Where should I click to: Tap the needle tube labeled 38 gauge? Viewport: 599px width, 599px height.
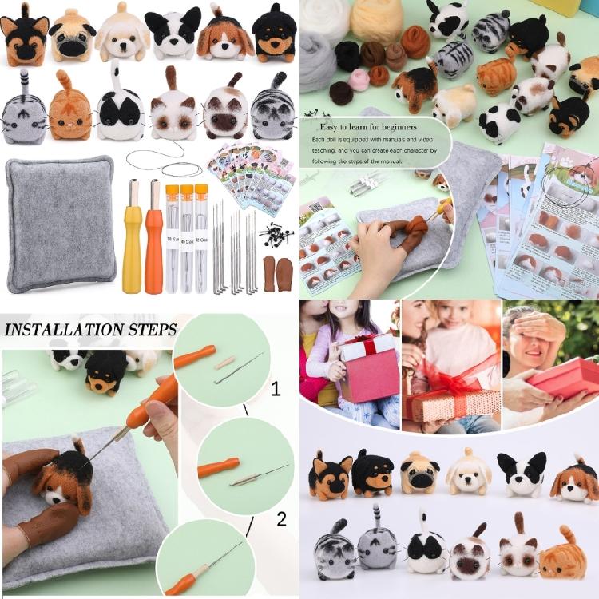[x=172, y=240]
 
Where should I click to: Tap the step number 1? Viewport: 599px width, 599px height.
[x=276, y=390]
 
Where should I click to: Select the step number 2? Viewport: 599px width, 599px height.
[x=281, y=519]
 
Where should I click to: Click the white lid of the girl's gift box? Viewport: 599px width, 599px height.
[x=368, y=345]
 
